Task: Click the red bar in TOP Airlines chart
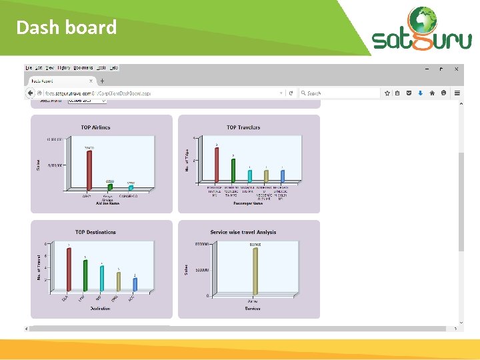click(89, 169)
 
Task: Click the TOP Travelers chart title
click(243, 127)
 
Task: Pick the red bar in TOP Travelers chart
click(217, 165)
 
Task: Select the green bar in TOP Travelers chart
click(233, 170)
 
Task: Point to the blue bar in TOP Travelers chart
click(283, 176)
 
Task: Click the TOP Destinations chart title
click(95, 232)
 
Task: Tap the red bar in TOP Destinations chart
click(69, 269)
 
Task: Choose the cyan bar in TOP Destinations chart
click(102, 278)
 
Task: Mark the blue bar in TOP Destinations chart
click(135, 284)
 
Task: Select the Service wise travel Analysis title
click(243, 232)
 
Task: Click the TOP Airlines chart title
click(96, 127)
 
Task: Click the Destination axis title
click(101, 308)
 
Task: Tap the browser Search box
click(340, 93)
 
